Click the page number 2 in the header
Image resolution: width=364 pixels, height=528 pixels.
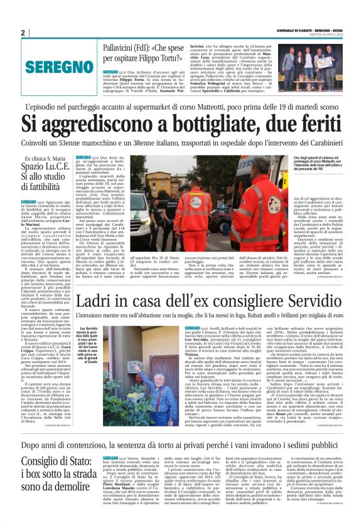pyautogui.click(x=23, y=33)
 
